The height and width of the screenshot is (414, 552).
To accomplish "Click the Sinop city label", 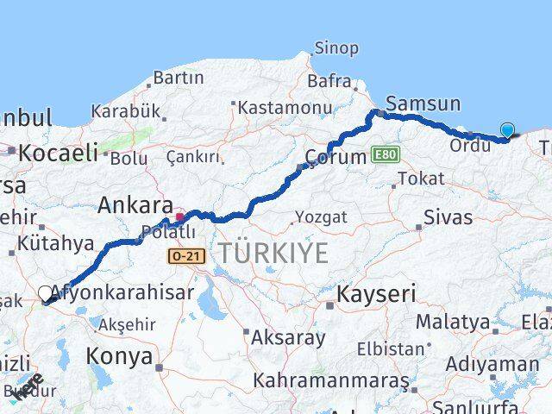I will point(336,48).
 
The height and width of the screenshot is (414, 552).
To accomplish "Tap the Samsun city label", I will point(423,103).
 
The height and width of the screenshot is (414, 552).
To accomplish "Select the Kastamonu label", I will point(285,108).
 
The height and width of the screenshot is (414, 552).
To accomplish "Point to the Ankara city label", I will point(135,205).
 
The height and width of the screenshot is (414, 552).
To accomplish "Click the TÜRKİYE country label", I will point(273,253).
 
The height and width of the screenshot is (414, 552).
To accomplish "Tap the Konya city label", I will point(119,356).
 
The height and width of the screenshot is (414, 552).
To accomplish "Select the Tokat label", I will point(422,179).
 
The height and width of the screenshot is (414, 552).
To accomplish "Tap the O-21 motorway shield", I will point(185,255).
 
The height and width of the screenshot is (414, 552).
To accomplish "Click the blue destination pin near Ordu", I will point(507,131).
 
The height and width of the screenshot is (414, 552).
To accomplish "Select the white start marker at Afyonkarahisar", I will point(46,294).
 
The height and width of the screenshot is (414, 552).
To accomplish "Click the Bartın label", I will point(179,78).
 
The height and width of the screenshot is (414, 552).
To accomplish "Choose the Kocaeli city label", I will point(59,153).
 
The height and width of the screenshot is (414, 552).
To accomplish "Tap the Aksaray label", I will point(288,337).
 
